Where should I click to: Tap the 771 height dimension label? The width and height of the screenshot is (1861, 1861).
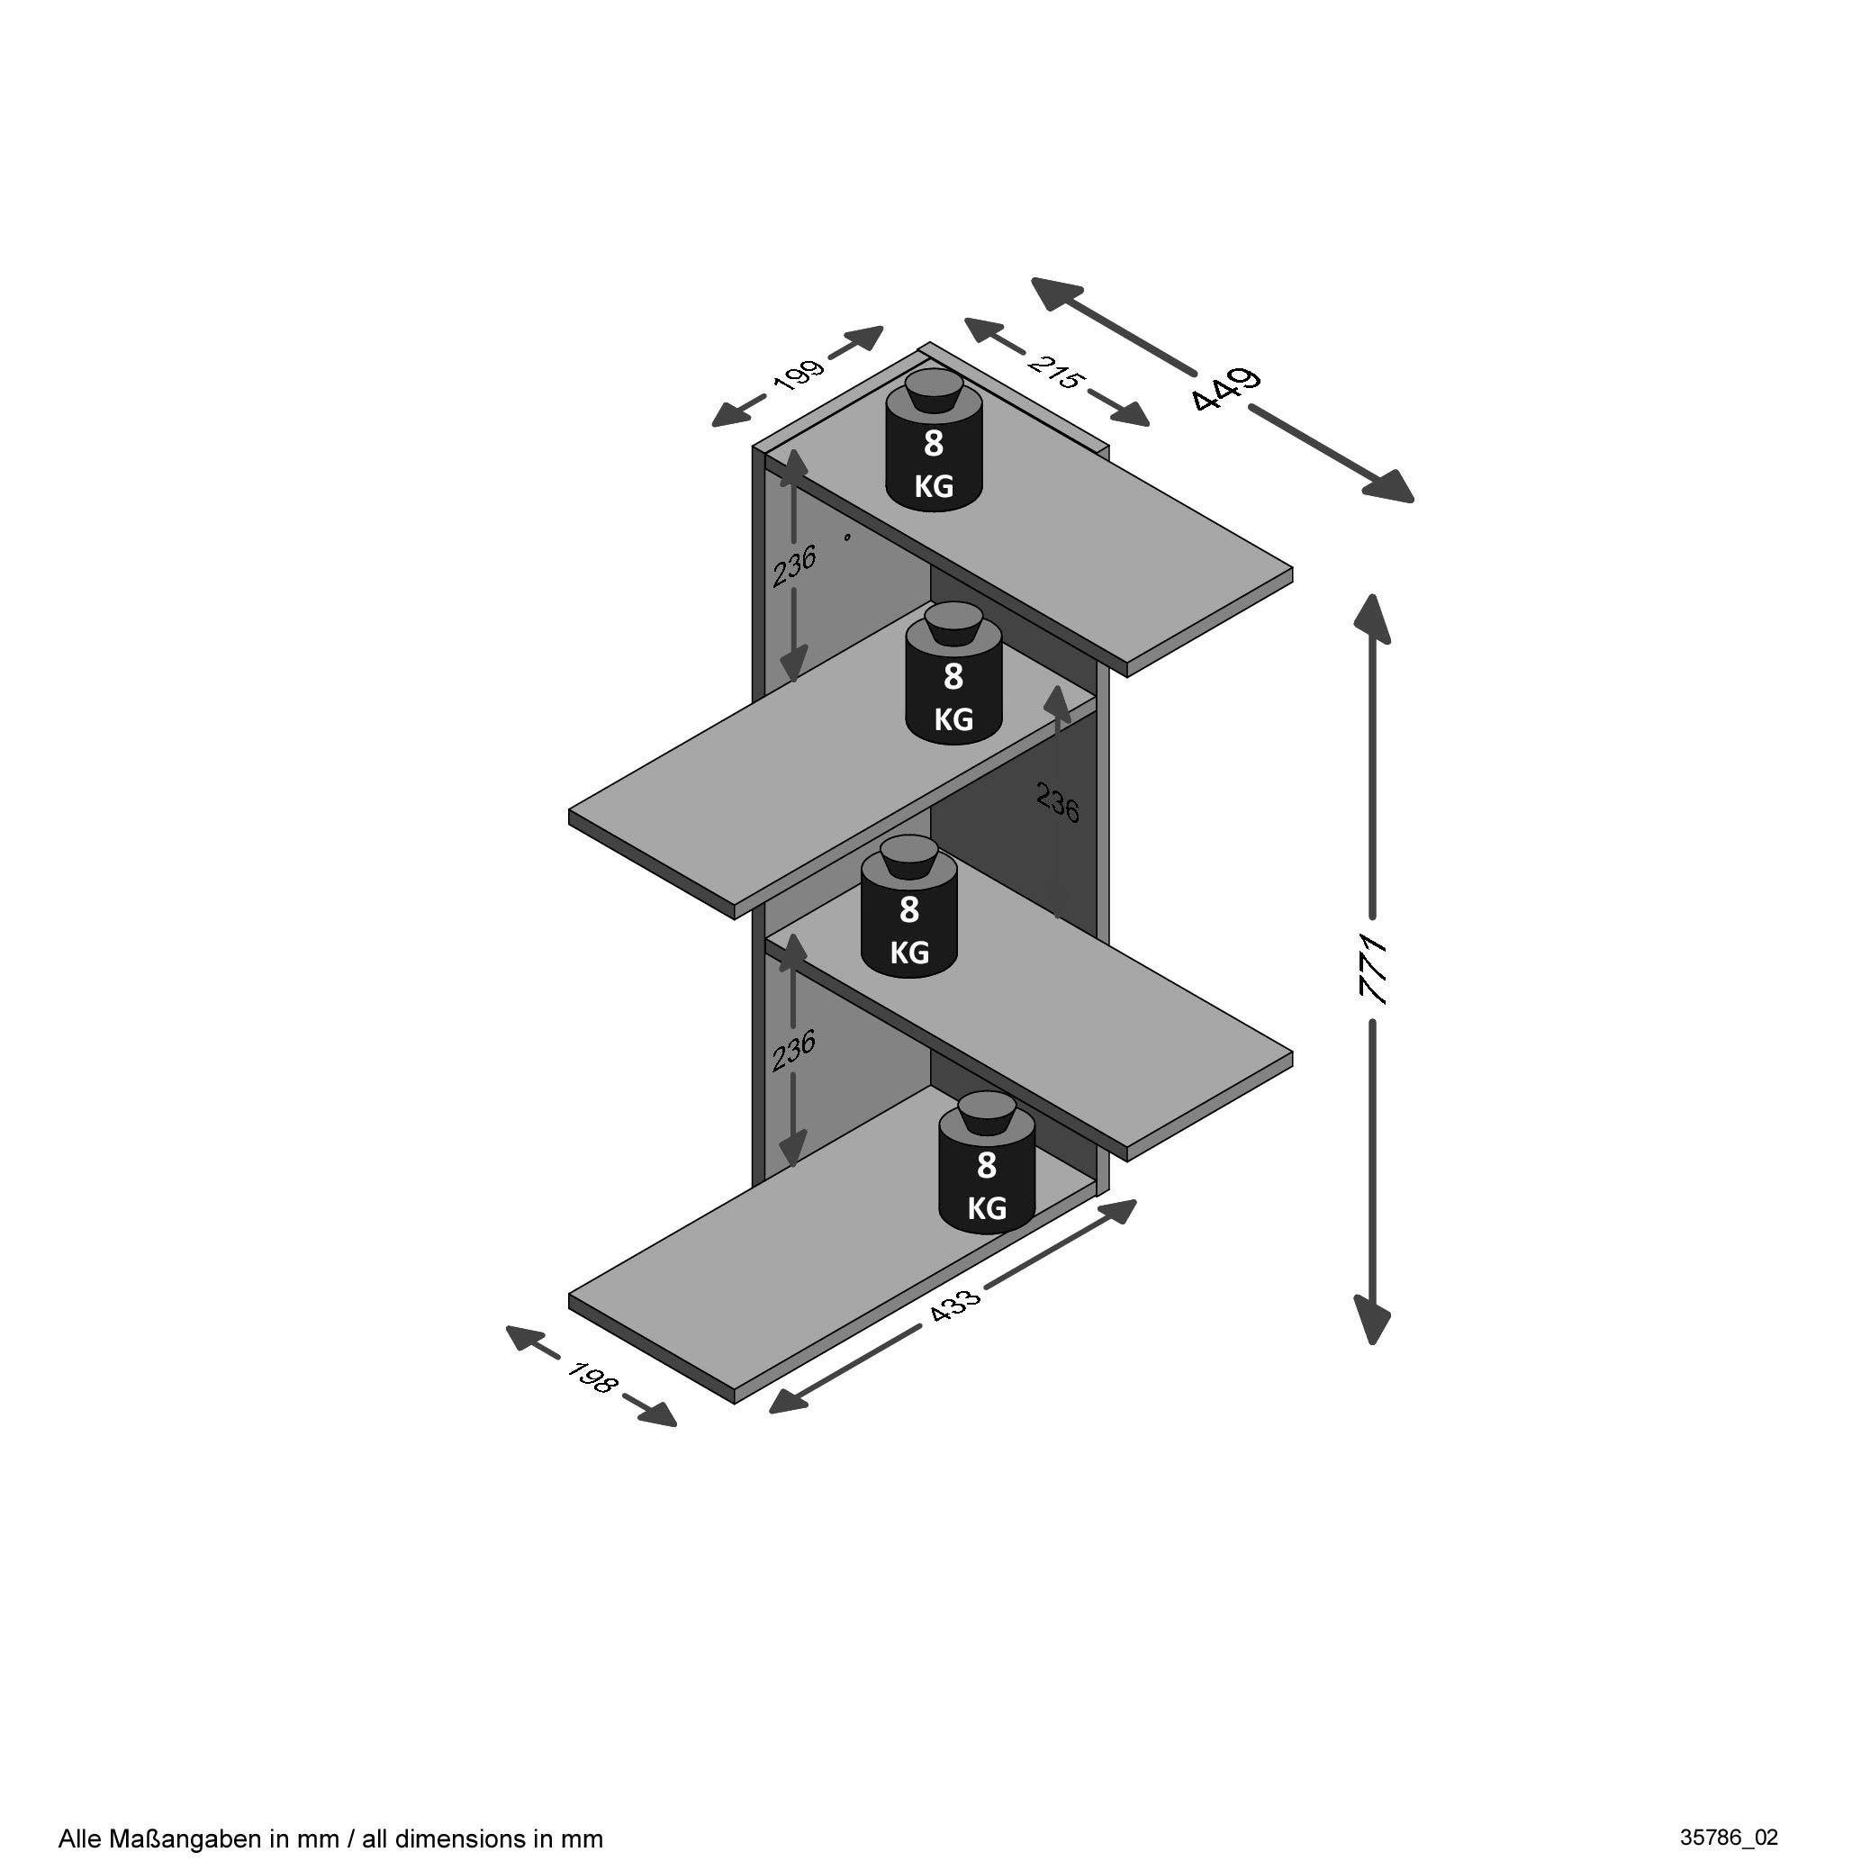click(1372, 969)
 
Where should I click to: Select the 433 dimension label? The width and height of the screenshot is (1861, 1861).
click(954, 1304)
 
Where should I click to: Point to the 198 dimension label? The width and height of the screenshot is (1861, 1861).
click(592, 1378)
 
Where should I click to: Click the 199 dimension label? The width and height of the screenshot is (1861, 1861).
click(799, 375)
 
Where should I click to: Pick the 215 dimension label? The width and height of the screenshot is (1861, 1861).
click(1056, 372)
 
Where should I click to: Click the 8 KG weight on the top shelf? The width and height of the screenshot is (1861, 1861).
click(934, 440)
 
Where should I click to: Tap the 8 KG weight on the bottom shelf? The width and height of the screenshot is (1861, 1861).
click(987, 1161)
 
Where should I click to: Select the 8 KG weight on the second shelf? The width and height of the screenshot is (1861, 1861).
click(953, 673)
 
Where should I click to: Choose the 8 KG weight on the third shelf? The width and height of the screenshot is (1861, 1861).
click(908, 907)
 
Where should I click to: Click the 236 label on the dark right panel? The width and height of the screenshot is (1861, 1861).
click(1058, 801)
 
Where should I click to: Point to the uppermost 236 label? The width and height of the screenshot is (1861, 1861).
click(795, 566)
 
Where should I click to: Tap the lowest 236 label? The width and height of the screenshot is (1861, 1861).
click(795, 1050)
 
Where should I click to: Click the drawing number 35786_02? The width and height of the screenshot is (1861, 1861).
click(1729, 1837)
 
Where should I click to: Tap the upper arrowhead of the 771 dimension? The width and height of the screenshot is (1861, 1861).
click(1372, 619)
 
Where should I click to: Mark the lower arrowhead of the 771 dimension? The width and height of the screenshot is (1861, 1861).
click(1372, 1319)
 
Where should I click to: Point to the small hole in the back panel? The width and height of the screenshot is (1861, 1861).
click(847, 537)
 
